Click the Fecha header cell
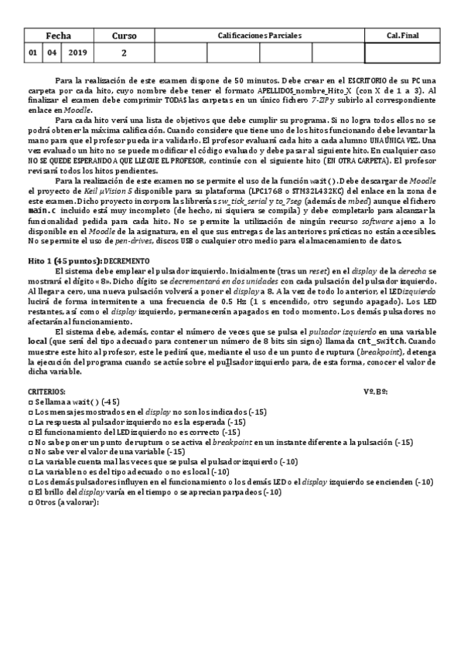(x=58, y=36)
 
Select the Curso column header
(x=124, y=36)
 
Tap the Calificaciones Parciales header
(x=258, y=36)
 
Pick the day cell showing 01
(x=32, y=53)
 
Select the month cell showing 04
(x=52, y=53)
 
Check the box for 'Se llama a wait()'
(x=30, y=402)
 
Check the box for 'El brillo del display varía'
(x=30, y=493)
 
